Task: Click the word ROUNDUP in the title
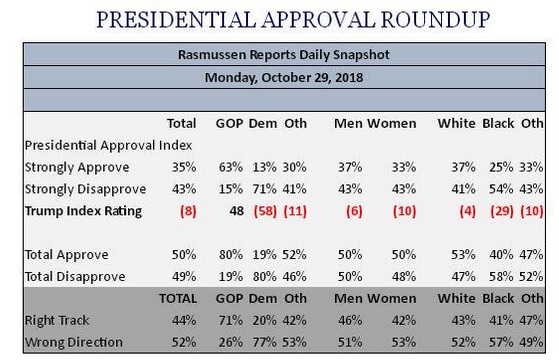tap(435, 20)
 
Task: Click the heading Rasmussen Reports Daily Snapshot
tap(284, 55)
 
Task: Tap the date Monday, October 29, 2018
tap(284, 77)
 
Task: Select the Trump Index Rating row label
tap(83, 211)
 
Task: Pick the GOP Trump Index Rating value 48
tap(236, 211)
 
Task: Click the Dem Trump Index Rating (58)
tap(265, 211)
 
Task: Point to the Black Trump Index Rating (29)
tap(502, 211)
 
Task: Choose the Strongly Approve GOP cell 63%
tap(231, 167)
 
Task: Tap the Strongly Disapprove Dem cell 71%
tap(265, 189)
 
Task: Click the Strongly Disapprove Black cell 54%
tap(501, 189)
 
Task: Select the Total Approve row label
tap(67, 255)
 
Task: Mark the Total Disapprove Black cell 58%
tap(501, 277)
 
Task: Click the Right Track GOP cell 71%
tap(231, 320)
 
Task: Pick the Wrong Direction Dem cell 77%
tap(265, 342)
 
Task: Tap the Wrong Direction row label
tap(74, 342)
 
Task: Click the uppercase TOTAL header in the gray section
tap(178, 298)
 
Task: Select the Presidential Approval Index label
tap(108, 145)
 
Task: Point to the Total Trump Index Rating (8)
tap(188, 211)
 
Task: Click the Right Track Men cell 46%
tap(350, 320)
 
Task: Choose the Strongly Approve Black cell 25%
tap(501, 167)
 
